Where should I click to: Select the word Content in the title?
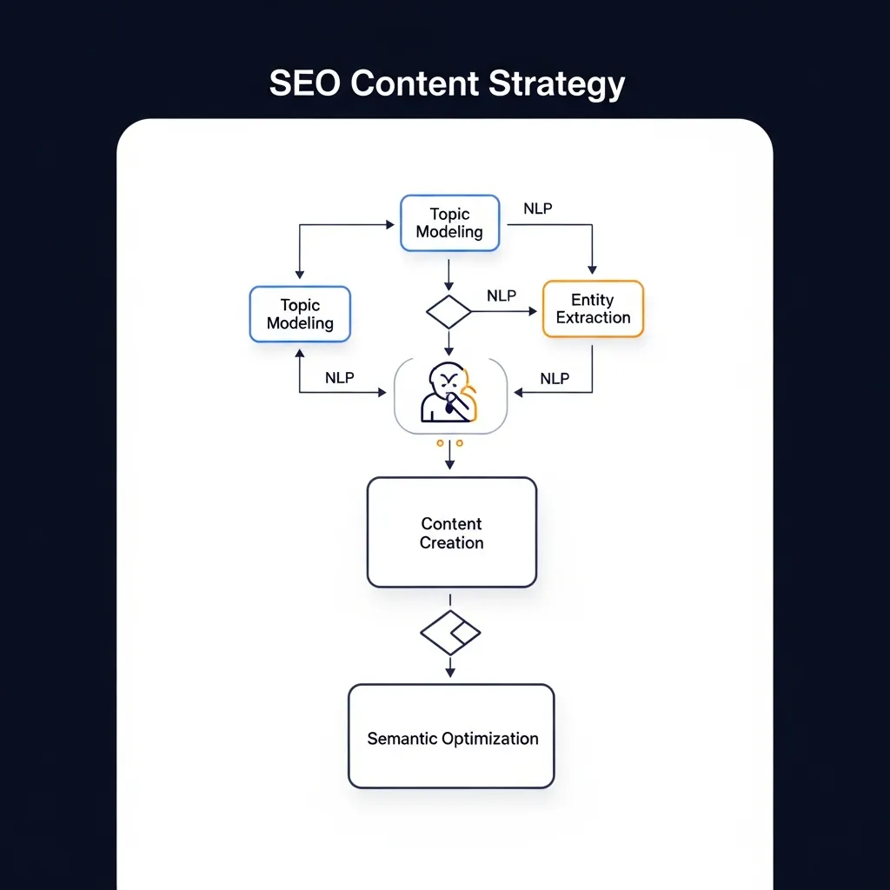pos(415,84)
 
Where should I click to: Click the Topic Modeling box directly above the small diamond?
pos(449,223)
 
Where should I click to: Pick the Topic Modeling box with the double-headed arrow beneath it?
pos(300,314)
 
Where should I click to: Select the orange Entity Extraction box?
pos(593,309)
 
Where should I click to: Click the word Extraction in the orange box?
pos(593,318)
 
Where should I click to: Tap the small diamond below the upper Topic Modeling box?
pos(449,311)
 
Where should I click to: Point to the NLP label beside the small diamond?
pos(501,296)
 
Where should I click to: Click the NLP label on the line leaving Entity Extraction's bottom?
pos(555,378)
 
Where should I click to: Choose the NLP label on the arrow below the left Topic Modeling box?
pos(340,378)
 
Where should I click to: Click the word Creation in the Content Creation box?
pos(451,543)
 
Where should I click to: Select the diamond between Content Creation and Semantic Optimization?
pos(449,633)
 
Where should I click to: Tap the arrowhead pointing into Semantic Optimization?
pos(449,673)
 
